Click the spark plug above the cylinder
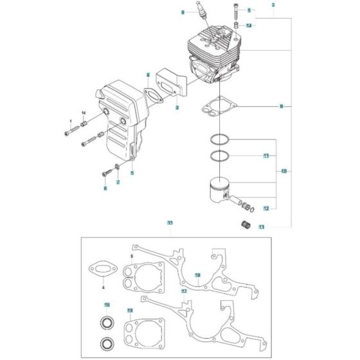click(x=205, y=14)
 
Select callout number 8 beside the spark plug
click(x=183, y=12)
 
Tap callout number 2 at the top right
click(x=273, y=4)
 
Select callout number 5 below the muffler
click(x=132, y=172)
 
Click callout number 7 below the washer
click(x=118, y=183)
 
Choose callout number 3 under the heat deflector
click(x=177, y=108)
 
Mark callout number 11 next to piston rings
click(x=265, y=156)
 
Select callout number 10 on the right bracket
click(x=283, y=172)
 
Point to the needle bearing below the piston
click(x=244, y=225)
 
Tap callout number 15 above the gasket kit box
click(x=170, y=222)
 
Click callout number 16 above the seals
click(x=107, y=304)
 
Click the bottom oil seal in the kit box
click(x=107, y=340)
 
